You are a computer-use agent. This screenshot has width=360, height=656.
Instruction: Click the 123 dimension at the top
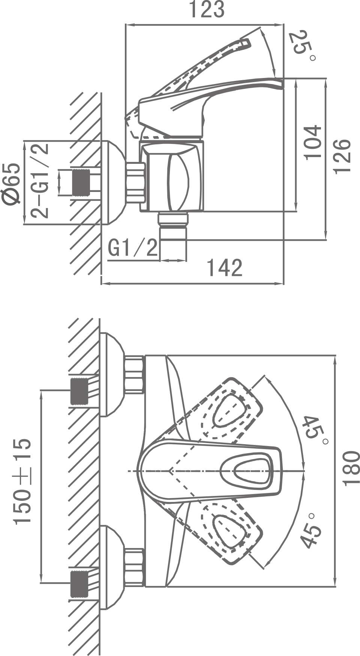coord(207,10)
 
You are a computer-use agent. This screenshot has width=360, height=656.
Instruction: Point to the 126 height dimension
coord(342,156)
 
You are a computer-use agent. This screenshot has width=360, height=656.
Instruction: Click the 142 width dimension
coord(225,268)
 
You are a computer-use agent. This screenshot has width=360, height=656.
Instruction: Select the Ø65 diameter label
coord(11,184)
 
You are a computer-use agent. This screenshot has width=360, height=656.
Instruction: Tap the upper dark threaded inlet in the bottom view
coord(79,391)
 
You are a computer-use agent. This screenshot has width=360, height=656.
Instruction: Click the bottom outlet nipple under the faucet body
coord(173,236)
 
